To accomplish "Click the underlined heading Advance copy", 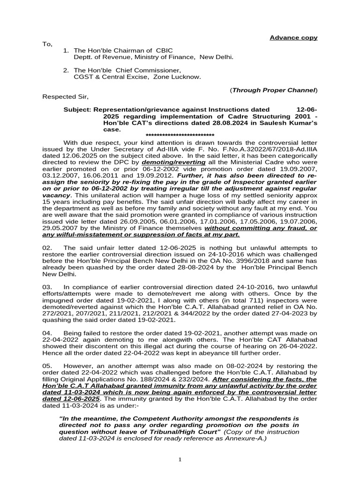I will [x=293, y=37].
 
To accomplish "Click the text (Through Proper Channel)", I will [x=274, y=90].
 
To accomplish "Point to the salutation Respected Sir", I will [x=65, y=97].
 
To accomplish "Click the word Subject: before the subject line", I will [x=77, y=109].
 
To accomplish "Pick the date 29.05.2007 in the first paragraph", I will [x=59, y=228].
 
